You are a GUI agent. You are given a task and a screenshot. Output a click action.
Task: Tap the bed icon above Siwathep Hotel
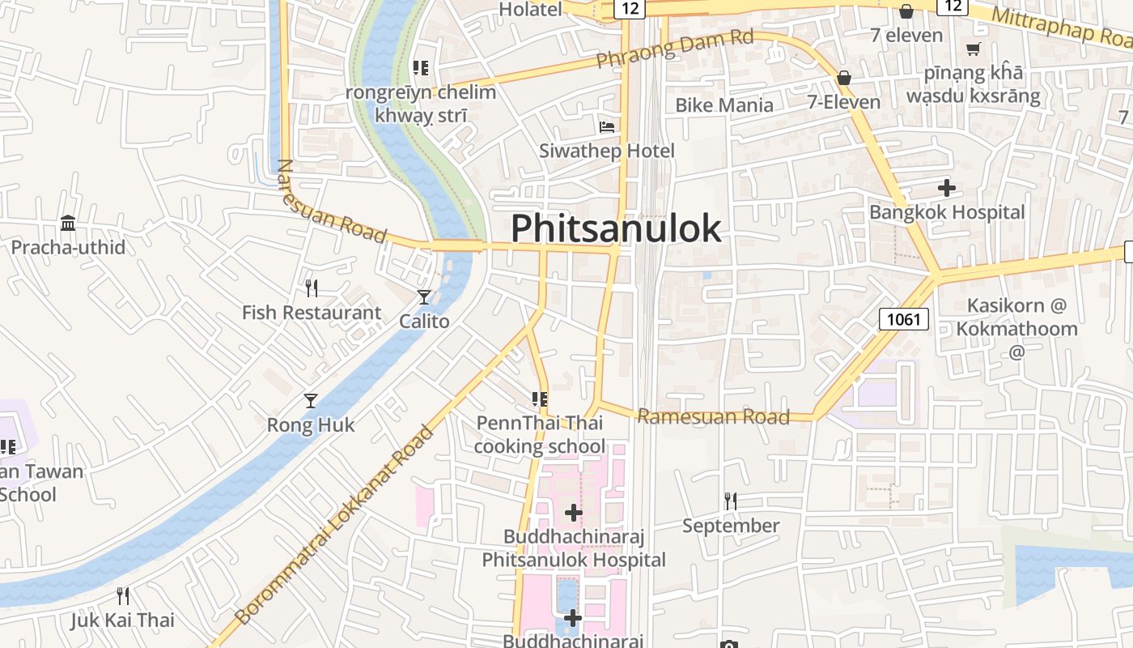pyautogui.click(x=607, y=127)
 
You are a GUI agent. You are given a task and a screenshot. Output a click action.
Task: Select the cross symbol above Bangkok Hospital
pyautogui.click(x=947, y=189)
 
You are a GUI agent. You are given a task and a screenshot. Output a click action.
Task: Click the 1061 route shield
pyautogui.click(x=903, y=319)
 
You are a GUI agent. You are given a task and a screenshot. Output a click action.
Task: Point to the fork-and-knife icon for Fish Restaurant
pyautogui.click(x=311, y=288)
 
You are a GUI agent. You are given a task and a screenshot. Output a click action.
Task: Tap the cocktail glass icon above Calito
pyautogui.click(x=424, y=297)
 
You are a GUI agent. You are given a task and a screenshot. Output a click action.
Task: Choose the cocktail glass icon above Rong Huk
pyautogui.click(x=311, y=400)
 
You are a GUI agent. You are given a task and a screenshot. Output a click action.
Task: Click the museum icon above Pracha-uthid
pyautogui.click(x=68, y=223)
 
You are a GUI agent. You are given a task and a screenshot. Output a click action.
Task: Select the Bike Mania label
pyautogui.click(x=724, y=104)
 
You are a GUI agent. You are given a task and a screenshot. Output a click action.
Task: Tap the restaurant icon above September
pyautogui.click(x=730, y=501)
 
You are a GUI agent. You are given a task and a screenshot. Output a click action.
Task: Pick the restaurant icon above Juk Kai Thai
pyautogui.click(x=123, y=596)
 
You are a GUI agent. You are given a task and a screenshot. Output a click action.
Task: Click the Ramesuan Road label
pyautogui.click(x=713, y=416)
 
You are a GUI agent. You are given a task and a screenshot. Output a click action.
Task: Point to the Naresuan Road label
pyautogui.click(x=331, y=200)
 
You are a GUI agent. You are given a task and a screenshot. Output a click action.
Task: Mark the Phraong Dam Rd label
pyautogui.click(x=675, y=49)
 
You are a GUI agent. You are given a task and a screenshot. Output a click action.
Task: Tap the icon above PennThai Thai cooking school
pyautogui.click(x=540, y=399)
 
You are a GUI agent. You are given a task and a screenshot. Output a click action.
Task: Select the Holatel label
pyautogui.click(x=530, y=10)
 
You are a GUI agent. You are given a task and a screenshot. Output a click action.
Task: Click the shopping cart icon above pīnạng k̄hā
pyautogui.click(x=974, y=49)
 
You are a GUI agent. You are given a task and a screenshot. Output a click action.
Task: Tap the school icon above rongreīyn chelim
pyautogui.click(x=421, y=67)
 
